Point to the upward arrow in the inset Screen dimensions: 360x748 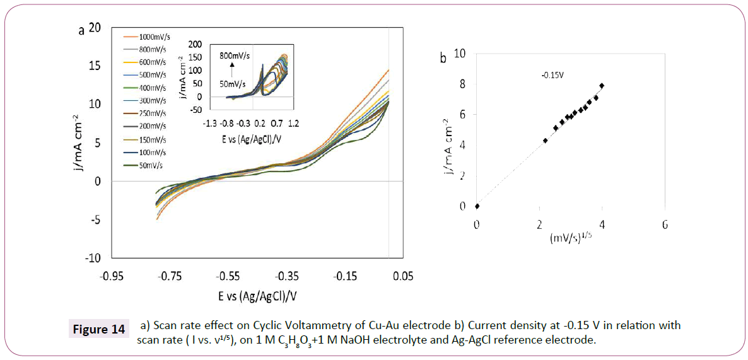(x=232, y=66)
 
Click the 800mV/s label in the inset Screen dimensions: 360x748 (x=234, y=55)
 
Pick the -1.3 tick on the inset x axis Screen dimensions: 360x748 (x=210, y=124)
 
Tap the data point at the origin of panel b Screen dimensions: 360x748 (x=477, y=206)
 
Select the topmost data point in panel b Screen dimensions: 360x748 (x=602, y=85)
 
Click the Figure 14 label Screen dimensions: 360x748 (x=99, y=330)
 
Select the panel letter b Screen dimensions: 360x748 (x=443, y=58)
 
